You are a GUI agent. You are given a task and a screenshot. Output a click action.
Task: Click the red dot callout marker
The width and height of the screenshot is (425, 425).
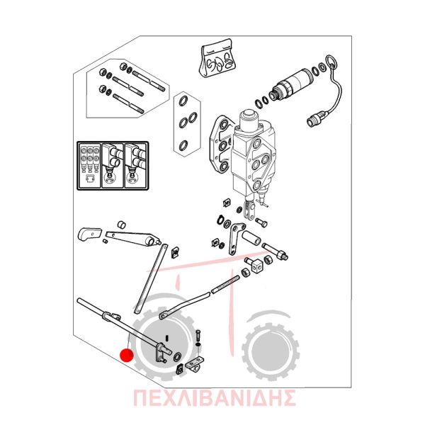(127, 356)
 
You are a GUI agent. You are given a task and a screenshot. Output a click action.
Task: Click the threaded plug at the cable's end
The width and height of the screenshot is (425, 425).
(315, 118)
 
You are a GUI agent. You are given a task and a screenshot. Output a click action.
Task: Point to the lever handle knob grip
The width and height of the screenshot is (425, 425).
(89, 233)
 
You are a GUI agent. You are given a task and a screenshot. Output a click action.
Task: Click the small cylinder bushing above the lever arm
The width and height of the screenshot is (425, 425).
(122, 224)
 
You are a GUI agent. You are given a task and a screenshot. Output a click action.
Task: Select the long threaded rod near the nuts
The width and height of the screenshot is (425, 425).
(225, 284)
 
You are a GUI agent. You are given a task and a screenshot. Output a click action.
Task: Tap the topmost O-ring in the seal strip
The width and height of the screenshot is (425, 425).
(183, 101)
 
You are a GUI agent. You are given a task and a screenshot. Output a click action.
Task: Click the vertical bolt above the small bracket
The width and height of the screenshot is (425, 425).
(198, 336)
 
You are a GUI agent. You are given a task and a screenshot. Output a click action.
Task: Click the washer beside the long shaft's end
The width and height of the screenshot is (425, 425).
(178, 357)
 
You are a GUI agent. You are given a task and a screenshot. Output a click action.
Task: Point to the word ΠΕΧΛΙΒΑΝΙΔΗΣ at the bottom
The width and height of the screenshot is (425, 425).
(214, 398)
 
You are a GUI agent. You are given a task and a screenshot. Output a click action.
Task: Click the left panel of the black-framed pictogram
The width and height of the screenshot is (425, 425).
(89, 165)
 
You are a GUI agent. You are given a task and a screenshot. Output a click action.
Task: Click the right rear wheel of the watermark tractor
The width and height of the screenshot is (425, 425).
(271, 352)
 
